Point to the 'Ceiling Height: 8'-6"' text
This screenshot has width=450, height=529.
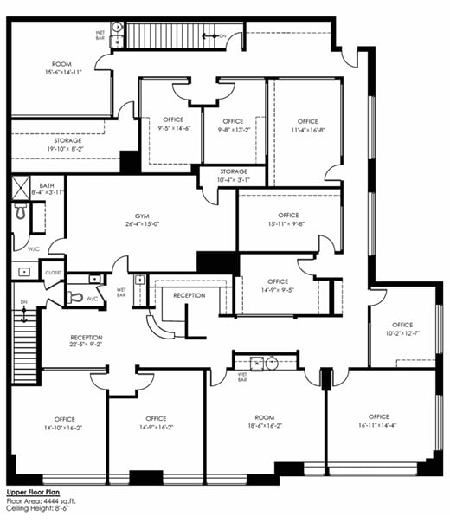43,510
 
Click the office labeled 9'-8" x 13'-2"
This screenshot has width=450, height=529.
234,126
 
